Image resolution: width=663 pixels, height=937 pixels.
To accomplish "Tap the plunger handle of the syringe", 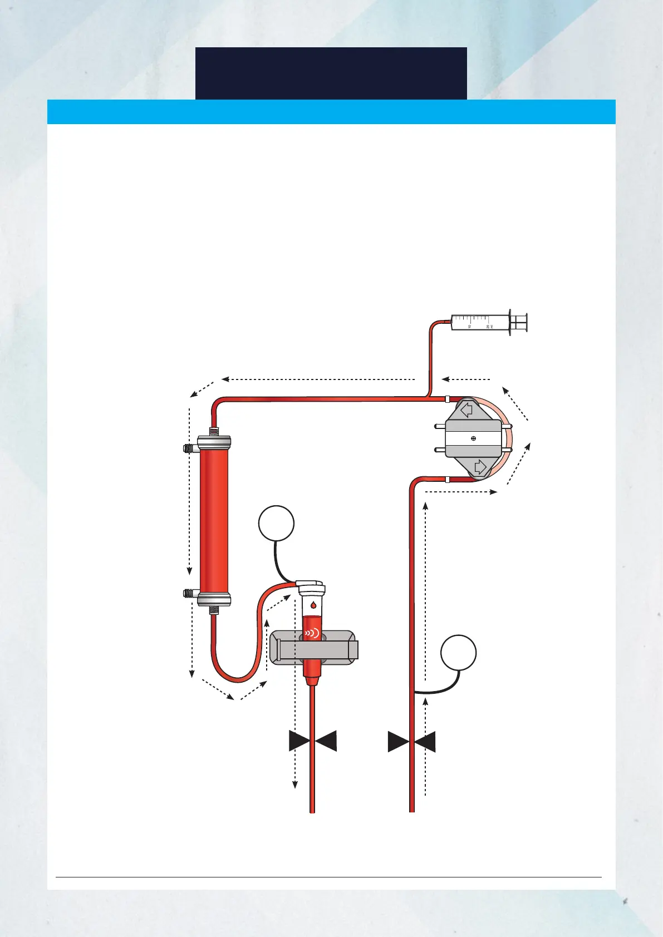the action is tap(521, 322).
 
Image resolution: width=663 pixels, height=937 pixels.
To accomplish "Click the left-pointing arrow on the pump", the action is tap(466, 410).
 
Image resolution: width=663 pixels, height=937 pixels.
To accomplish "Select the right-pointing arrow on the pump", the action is tap(480, 466).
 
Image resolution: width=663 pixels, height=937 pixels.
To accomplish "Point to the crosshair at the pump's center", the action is tap(473, 438).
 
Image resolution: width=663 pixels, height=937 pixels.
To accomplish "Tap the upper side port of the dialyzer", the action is tap(188, 448).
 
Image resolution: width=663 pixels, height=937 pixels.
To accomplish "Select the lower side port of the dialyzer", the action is tap(188, 593).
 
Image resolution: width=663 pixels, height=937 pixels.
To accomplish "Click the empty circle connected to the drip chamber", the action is tap(276, 523).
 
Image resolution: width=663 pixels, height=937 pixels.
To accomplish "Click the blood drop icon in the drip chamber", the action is tap(313, 605).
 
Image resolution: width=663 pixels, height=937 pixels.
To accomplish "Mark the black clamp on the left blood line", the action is tap(313, 741).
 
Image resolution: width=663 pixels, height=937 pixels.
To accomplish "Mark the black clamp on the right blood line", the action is tap(412, 742).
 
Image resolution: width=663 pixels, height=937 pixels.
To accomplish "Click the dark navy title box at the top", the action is tap(331, 73).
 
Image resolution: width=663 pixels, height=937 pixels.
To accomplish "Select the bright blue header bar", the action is tap(331, 111).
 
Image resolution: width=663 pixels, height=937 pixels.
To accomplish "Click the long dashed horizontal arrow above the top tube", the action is tap(318, 379).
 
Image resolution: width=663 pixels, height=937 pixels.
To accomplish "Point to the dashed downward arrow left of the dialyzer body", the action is tap(190, 490).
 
